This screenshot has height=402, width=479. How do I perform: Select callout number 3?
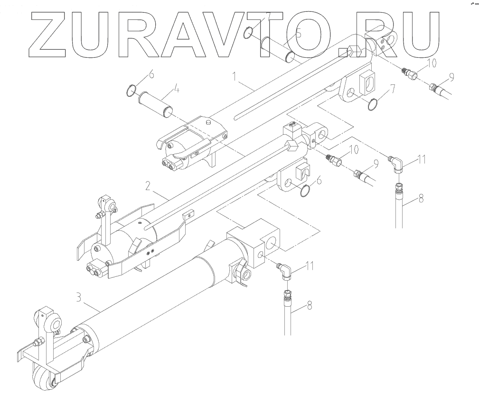pos(79,299)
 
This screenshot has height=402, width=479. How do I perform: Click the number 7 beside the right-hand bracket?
pos(392,88)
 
